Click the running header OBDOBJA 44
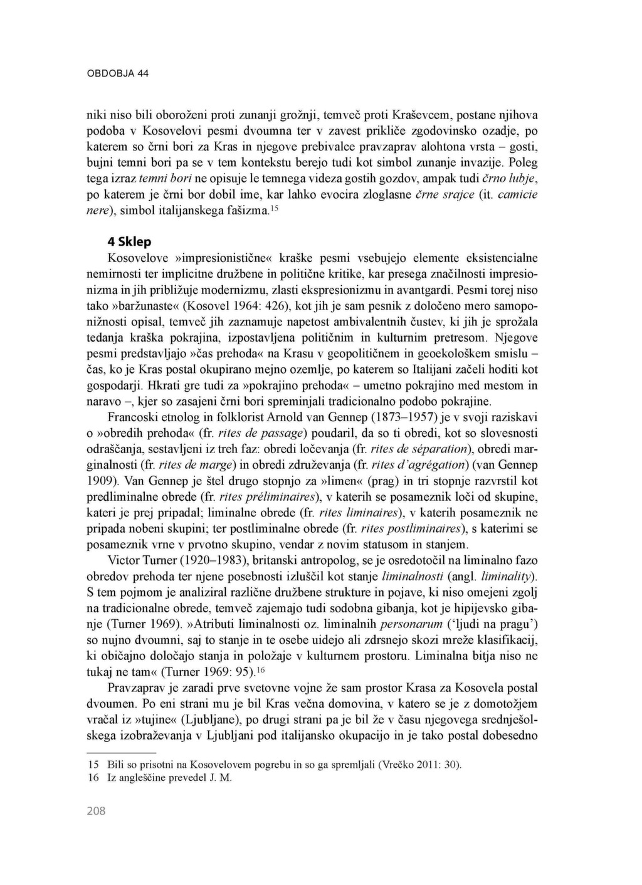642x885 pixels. [117, 73]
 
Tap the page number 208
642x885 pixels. [96, 811]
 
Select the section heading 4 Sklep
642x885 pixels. [129, 241]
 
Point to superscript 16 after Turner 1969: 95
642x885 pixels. [261, 670]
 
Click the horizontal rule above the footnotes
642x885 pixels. [120, 752]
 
